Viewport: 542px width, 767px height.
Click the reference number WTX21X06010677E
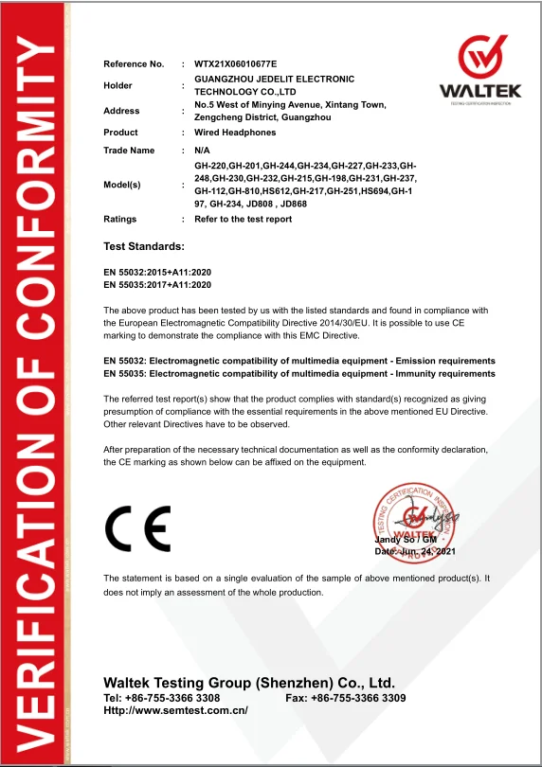tap(235, 63)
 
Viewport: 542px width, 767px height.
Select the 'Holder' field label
tap(119, 85)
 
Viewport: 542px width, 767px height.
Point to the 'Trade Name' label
tap(129, 151)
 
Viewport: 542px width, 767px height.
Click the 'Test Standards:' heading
tap(143, 246)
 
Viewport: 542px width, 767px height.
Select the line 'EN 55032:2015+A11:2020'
tap(156, 273)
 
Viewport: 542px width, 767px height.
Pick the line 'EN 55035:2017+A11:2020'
tap(156, 284)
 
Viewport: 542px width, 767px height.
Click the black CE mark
tap(137, 528)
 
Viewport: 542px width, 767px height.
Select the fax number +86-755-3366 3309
tap(359, 698)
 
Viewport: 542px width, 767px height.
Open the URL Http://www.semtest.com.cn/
tap(175, 710)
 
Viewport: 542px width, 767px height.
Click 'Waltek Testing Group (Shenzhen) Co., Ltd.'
tap(248, 683)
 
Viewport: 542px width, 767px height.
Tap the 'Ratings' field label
tap(120, 219)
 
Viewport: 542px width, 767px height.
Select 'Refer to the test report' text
tap(243, 219)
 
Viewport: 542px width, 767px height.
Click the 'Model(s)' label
tap(122, 185)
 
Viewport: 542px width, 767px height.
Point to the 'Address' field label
tap(121, 111)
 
